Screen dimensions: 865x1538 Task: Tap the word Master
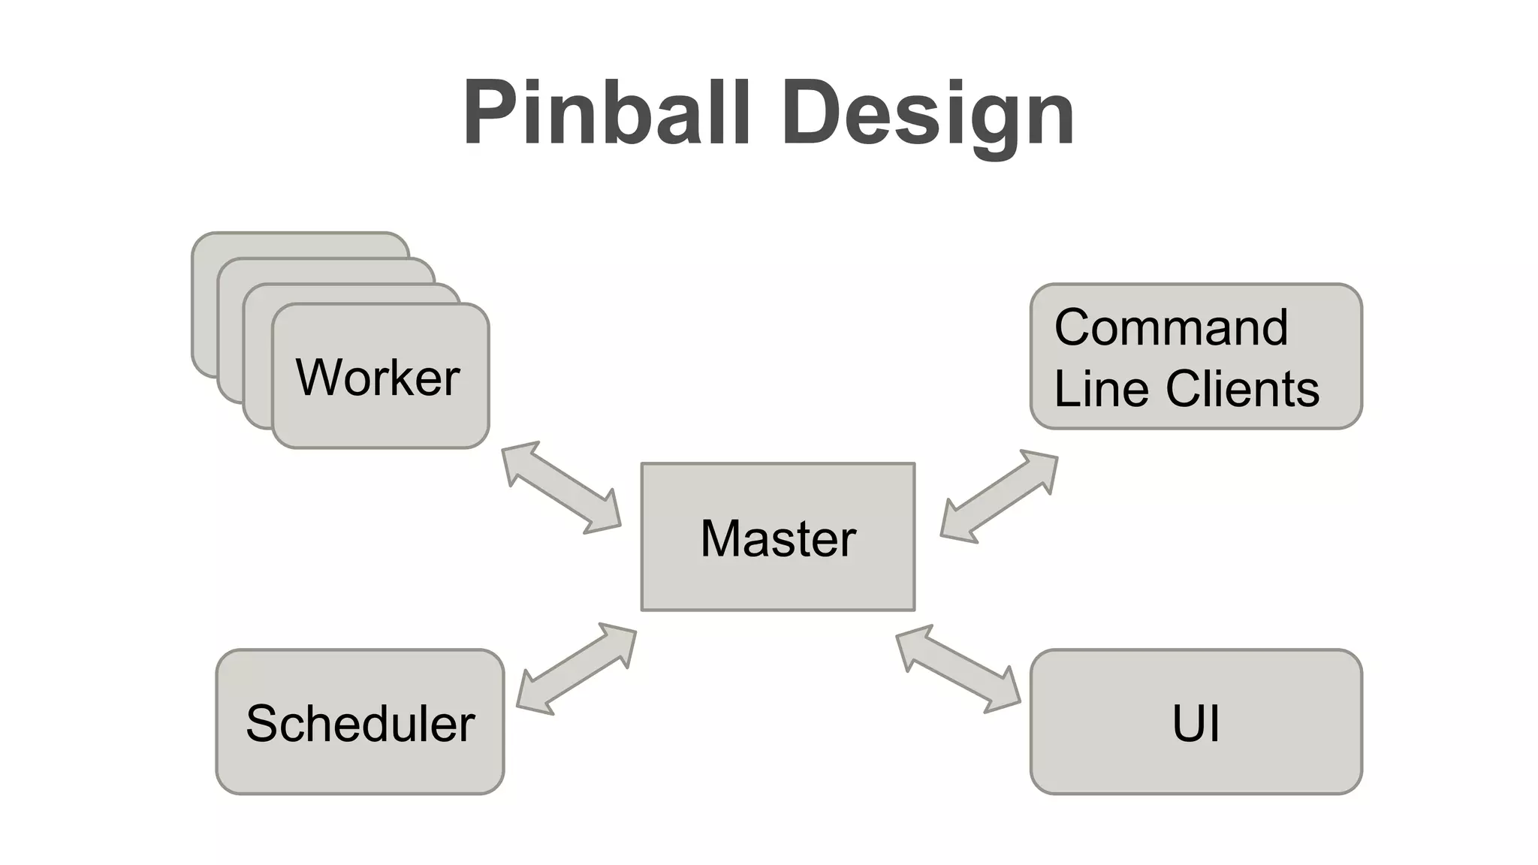(x=777, y=538)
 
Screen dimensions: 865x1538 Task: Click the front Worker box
(x=380, y=420)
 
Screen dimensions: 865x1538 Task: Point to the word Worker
(x=378, y=377)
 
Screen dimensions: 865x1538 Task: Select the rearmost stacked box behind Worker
(x=300, y=245)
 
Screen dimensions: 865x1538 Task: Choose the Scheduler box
(x=360, y=766)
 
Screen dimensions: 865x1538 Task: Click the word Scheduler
(x=360, y=724)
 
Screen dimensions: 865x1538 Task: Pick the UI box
(x=1196, y=766)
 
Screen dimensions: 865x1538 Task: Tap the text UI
(x=1196, y=724)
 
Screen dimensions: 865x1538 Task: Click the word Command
(x=1171, y=328)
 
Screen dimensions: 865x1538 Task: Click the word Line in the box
(x=1102, y=389)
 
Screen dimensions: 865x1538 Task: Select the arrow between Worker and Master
(x=561, y=488)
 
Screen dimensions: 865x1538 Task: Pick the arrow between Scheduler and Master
(x=577, y=668)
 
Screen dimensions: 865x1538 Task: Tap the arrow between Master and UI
(x=958, y=668)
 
